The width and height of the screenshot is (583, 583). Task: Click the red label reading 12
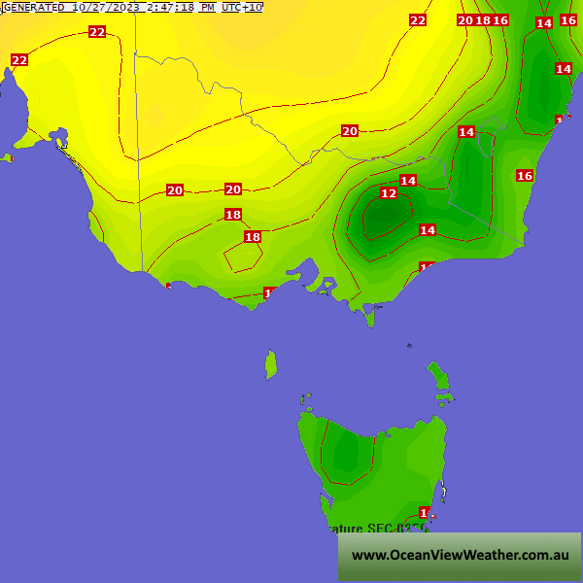pos(389,193)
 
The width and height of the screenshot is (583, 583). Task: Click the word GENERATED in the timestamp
pos(34,7)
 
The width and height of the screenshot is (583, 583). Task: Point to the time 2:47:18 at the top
pos(168,7)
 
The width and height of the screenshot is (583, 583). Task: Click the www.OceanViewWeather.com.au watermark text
pos(460,555)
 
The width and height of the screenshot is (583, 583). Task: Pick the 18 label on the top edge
pos(483,20)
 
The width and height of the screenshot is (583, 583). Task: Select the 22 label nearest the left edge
pos(19,60)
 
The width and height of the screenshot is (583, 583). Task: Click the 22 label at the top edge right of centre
pos(418,20)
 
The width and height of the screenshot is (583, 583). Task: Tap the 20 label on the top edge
pos(465,20)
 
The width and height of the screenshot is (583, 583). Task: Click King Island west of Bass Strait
pos(271,365)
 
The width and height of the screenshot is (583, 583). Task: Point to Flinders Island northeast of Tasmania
pos(437,375)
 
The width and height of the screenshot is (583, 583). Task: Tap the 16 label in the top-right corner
pos(568,20)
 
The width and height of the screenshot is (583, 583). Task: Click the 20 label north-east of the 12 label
pos(350,131)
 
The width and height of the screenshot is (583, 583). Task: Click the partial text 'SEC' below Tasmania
pos(382,529)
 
